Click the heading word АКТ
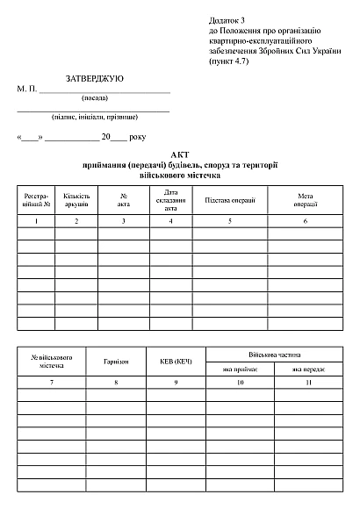pyautogui.click(x=181, y=154)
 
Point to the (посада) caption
pyautogui.click(x=94, y=98)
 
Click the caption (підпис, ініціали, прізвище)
pyautogui.click(x=93, y=117)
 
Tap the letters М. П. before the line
pyautogui.click(x=26, y=90)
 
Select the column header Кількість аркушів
pyautogui.click(x=76, y=200)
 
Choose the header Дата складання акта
pyautogui.click(x=171, y=200)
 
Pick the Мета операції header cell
pyautogui.click(x=306, y=200)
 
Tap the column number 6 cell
pyautogui.click(x=306, y=221)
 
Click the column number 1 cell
pyautogui.click(x=36, y=221)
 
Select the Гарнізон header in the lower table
pyautogui.click(x=116, y=361)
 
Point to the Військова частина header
pyautogui.click(x=275, y=355)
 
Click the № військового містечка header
pyautogui.click(x=53, y=361)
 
